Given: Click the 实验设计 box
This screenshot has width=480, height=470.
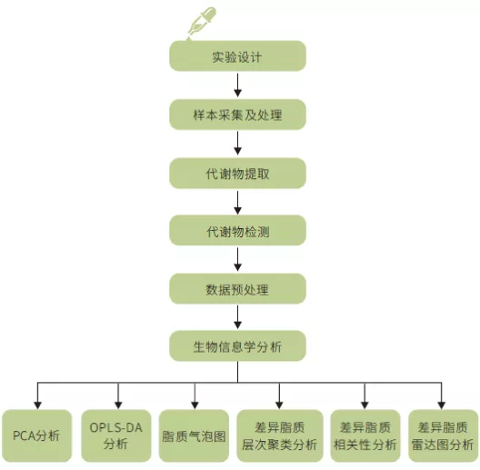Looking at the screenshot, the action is click(x=237, y=56).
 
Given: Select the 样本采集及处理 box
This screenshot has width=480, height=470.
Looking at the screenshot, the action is click(x=237, y=115).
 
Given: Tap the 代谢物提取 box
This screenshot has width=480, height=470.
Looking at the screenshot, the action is click(x=237, y=174).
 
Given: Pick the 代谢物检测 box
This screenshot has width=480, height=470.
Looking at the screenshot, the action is click(x=237, y=230).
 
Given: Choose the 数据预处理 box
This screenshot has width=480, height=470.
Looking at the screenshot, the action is click(x=237, y=289).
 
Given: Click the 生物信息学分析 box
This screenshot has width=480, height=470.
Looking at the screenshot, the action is click(x=237, y=346).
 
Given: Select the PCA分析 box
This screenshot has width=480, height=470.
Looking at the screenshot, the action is click(x=36, y=435).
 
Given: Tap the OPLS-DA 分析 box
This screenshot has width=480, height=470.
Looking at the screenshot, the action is click(x=116, y=435).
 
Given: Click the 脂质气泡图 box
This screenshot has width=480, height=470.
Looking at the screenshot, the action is click(x=194, y=435).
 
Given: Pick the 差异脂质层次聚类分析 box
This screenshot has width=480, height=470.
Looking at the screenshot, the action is click(x=280, y=435).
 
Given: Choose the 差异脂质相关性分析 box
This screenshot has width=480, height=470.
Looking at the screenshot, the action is click(x=365, y=435).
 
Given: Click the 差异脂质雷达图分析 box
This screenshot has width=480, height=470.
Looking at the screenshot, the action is click(x=443, y=435).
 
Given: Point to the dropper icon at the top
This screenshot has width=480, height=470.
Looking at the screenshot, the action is click(x=202, y=23).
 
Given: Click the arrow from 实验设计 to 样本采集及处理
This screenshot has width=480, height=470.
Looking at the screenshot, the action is click(x=238, y=85).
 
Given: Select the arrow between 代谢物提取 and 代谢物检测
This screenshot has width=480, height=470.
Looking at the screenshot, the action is click(x=238, y=203).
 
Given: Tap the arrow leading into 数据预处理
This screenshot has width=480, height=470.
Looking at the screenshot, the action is click(x=238, y=259).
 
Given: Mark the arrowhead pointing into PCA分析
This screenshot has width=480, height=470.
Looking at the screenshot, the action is click(x=37, y=405).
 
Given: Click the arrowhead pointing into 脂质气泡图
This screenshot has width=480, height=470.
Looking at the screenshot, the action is click(x=195, y=405).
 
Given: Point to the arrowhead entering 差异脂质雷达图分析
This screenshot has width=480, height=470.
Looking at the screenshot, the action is click(x=442, y=405).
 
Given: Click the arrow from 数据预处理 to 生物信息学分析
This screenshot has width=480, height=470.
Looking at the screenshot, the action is click(x=238, y=317).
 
